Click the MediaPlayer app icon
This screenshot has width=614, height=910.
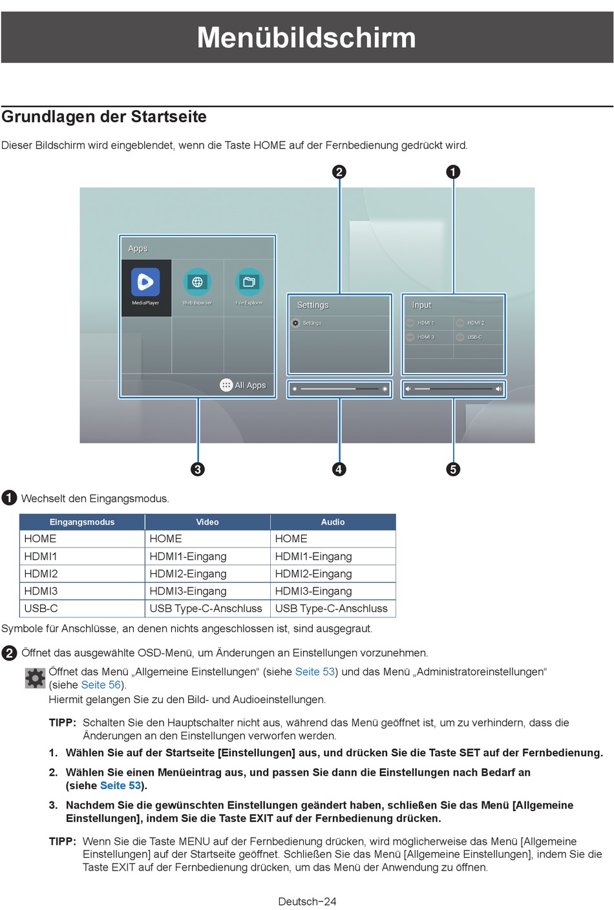click(145, 282)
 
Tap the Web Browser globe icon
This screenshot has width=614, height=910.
click(197, 282)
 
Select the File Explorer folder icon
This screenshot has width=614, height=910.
click(249, 282)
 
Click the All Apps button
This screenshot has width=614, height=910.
click(243, 385)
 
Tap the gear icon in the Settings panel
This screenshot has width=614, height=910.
click(295, 323)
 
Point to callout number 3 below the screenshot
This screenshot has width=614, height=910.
click(198, 469)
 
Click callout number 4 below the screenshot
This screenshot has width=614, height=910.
click(339, 469)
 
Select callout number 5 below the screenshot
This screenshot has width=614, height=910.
click(453, 469)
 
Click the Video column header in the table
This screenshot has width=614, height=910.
click(207, 522)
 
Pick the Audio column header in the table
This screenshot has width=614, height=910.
click(333, 522)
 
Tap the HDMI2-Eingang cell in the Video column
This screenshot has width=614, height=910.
click(187, 574)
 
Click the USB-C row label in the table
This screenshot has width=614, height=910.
click(41, 608)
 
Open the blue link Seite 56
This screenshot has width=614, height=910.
click(101, 684)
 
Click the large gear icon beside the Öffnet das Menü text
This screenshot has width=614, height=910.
click(35, 678)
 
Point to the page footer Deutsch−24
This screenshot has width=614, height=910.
click(307, 902)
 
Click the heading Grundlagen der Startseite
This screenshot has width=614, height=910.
click(104, 116)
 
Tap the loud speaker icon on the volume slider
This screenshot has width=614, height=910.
click(498, 389)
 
